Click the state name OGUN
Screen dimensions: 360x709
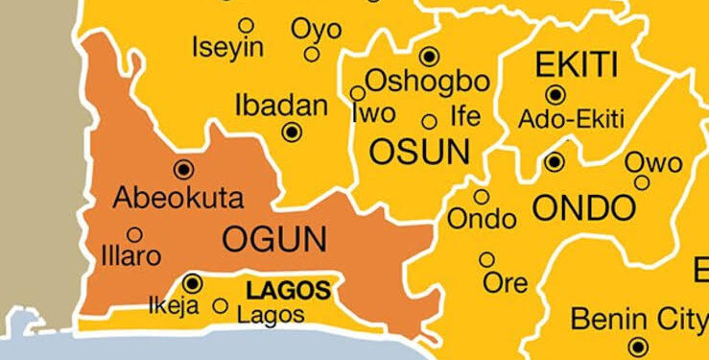tap(274, 239)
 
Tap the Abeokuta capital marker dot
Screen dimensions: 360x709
tap(182, 170)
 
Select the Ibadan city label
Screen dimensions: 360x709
tap(281, 106)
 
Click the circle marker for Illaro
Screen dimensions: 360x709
tap(134, 234)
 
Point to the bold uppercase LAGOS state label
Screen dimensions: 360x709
tap(288, 290)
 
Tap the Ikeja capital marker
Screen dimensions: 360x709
tap(192, 283)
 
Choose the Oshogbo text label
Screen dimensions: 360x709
tap(427, 81)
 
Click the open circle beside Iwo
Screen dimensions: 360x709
tap(358, 93)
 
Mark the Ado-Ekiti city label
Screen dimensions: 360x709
tap(571, 120)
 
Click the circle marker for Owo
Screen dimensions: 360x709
tap(642, 182)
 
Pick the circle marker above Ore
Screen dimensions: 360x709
tap(487, 259)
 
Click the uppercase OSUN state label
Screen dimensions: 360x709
tap(419, 152)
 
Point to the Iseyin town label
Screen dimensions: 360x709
tap(224, 47)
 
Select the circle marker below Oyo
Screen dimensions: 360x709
tap(311, 55)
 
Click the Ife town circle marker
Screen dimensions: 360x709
tap(430, 121)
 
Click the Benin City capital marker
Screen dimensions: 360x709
tap(639, 347)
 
